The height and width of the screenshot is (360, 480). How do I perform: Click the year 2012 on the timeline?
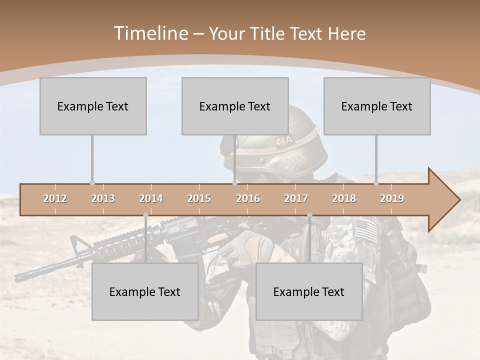[55, 198]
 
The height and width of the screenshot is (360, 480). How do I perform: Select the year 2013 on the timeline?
[103, 198]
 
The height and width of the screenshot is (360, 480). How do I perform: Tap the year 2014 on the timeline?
[151, 198]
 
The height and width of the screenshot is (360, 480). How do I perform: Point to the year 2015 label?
[199, 198]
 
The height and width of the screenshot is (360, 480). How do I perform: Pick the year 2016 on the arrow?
[248, 198]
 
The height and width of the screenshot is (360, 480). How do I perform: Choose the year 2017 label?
[296, 198]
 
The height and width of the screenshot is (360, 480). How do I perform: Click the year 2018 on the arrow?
[344, 198]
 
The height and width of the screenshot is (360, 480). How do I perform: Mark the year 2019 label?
[392, 198]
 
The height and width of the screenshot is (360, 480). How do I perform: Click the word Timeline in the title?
[150, 33]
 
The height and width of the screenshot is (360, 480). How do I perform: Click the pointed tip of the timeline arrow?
[459, 200]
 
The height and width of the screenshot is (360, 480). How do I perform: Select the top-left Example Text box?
[93, 106]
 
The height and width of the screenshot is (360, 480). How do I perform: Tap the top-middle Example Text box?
[235, 106]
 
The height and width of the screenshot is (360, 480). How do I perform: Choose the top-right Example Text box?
[377, 106]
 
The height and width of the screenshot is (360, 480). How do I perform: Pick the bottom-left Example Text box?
[145, 291]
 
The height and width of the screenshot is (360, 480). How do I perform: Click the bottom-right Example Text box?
[309, 291]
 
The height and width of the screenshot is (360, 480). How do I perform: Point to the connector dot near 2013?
[92, 183]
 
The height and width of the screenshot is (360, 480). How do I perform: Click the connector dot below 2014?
[145, 215]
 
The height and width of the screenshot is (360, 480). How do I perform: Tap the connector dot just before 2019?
[376, 183]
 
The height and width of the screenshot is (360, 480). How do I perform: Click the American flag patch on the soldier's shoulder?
[365, 229]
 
